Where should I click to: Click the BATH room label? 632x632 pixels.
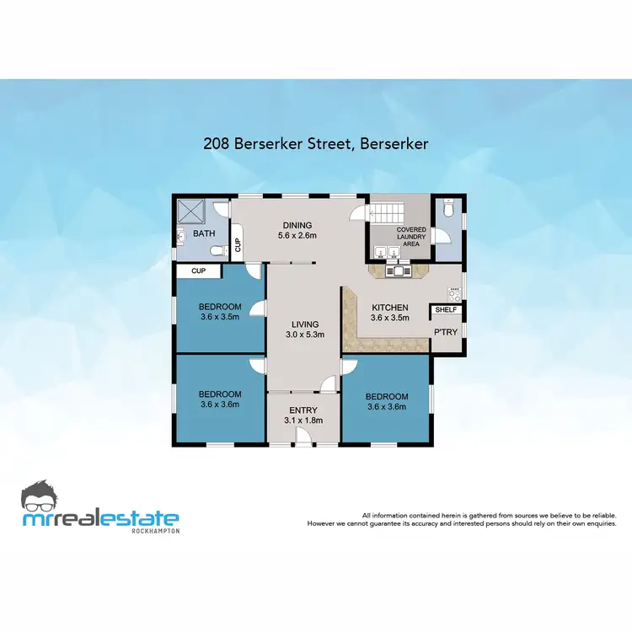click(205, 233)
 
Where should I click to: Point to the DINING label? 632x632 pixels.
click(297, 225)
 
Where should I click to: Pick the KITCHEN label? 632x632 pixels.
click(390, 308)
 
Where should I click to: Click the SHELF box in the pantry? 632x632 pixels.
click(445, 310)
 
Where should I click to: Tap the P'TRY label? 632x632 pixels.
click(446, 332)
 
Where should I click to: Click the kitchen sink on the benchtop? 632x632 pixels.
click(397, 271)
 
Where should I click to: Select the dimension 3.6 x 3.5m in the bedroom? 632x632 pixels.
click(220, 318)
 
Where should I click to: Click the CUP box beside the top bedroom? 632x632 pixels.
click(198, 271)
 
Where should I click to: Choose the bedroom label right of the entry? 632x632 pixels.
click(388, 397)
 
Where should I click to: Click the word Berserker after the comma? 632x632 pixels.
click(394, 144)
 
